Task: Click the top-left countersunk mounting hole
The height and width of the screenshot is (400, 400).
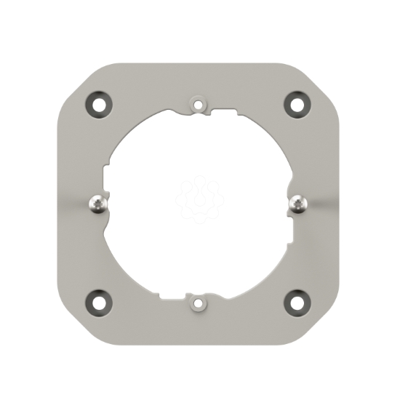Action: click(99, 103)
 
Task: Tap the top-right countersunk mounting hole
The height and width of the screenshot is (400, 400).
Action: click(296, 103)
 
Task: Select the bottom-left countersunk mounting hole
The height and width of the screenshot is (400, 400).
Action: click(99, 300)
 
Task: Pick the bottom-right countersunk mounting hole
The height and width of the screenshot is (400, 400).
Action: click(296, 300)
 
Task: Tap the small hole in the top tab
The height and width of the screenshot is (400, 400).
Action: click(198, 104)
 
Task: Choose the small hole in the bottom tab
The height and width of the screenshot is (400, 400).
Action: click(198, 300)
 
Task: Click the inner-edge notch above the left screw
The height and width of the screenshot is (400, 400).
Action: click(105, 175)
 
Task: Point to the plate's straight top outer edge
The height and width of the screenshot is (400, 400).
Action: click(198, 64)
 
